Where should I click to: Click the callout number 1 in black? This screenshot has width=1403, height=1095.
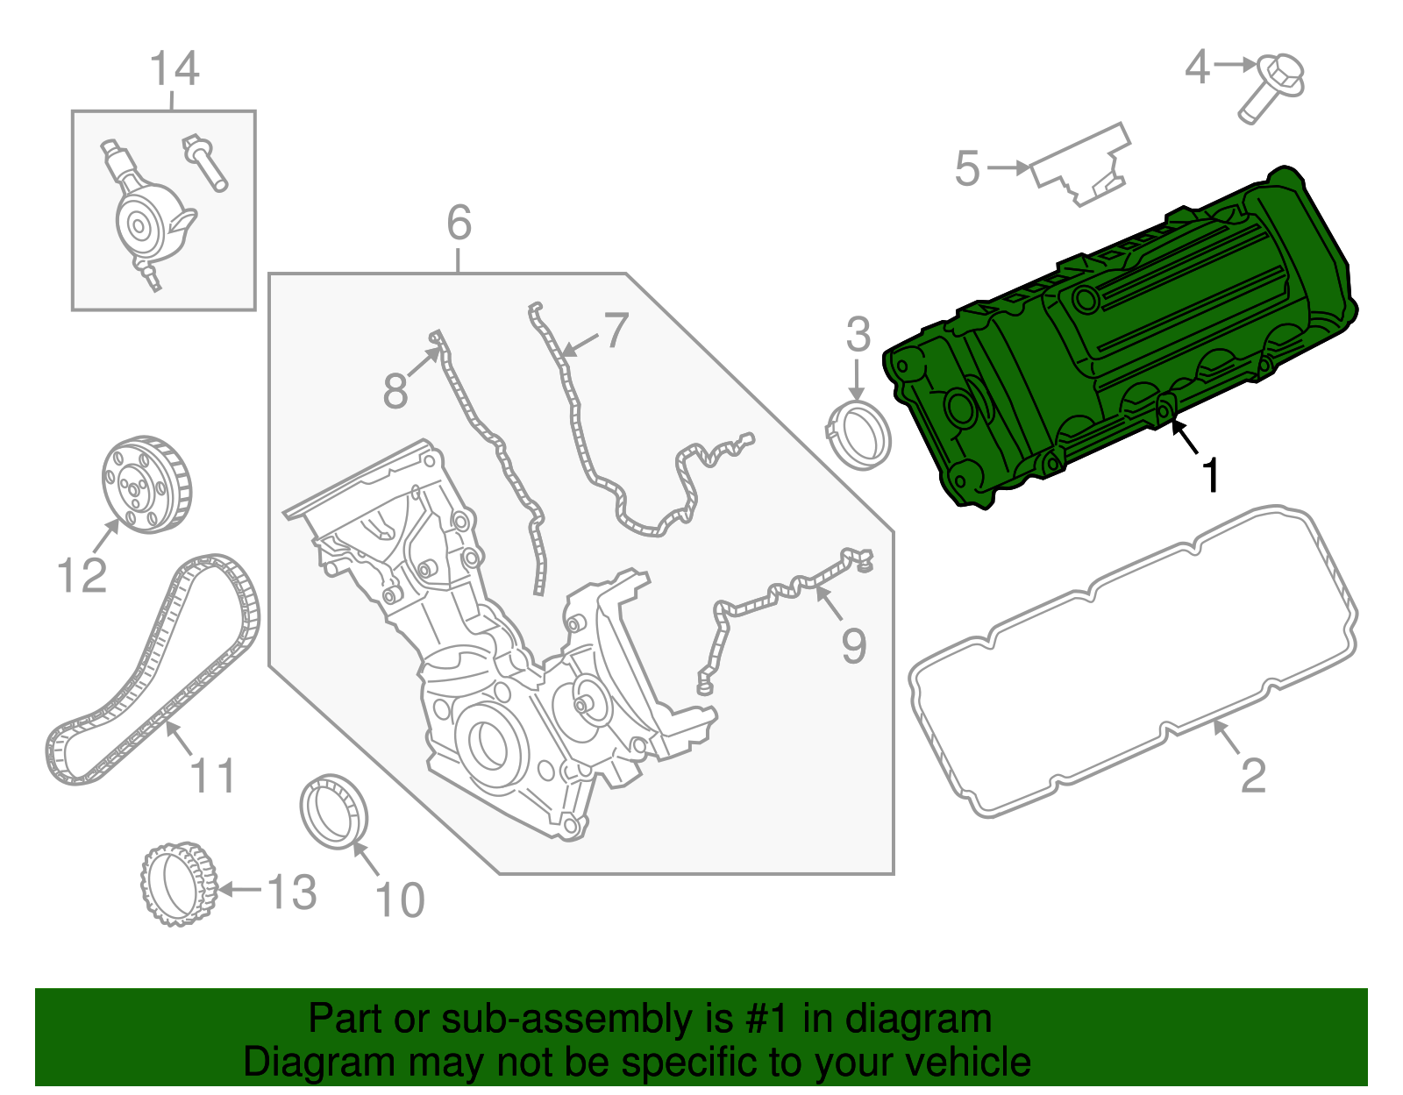[x=1210, y=476]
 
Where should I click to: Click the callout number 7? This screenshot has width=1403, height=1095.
[x=616, y=331]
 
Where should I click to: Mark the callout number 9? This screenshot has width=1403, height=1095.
[x=853, y=646]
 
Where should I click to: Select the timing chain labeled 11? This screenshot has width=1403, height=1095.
[x=153, y=666]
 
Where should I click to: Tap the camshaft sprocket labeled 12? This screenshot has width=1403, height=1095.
[x=145, y=484]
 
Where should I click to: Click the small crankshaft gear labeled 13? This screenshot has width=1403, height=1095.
[x=178, y=885]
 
